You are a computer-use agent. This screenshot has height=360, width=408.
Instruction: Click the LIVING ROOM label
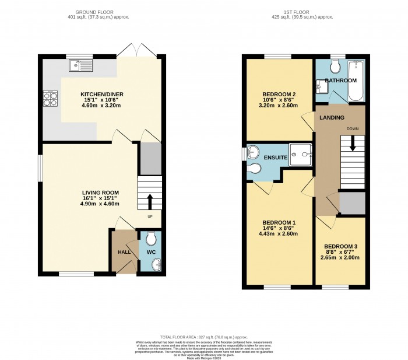tap(100, 192)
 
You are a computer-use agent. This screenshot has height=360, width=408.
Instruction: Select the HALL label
tap(125, 252)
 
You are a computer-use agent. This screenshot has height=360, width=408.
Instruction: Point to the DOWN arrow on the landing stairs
tap(352, 143)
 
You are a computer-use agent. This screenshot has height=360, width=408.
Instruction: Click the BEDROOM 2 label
tap(279, 95)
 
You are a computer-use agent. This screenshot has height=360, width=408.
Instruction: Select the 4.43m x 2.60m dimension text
tap(279, 234)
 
